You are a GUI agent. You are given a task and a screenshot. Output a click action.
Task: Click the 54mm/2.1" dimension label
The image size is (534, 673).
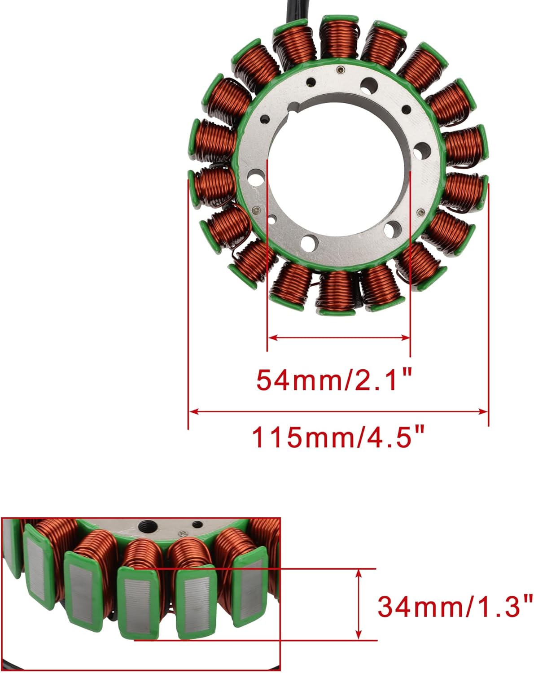[334, 380]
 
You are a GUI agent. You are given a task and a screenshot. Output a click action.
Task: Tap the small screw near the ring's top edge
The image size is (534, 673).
[341, 70]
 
